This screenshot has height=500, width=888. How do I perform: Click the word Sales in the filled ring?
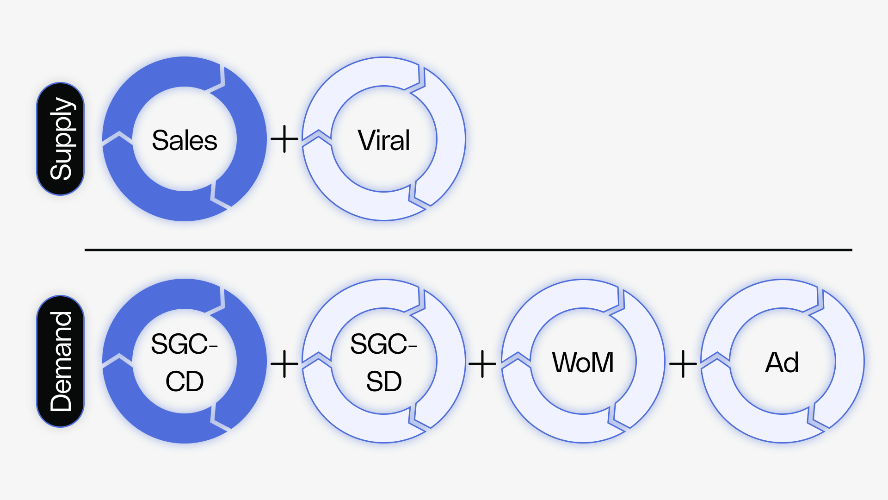[x=184, y=140]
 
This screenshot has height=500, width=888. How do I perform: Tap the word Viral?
[x=383, y=140]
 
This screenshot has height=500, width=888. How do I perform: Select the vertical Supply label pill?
[x=61, y=139]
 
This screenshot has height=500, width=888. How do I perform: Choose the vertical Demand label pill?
[x=61, y=361]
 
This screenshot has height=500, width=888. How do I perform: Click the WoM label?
[x=583, y=362]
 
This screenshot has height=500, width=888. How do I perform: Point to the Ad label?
[x=782, y=362]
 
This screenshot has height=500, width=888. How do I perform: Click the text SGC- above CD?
[x=184, y=344]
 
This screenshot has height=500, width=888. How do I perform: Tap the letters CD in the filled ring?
[x=184, y=381]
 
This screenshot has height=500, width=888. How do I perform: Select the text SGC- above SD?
[x=383, y=344]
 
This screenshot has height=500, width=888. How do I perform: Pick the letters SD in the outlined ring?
[x=383, y=381]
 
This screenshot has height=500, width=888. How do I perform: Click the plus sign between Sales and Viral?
[x=284, y=139]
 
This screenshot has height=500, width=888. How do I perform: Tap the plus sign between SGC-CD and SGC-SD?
[x=284, y=364]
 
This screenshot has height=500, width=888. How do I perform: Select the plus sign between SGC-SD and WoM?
[x=482, y=364]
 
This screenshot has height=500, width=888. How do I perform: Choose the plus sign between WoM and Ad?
[x=683, y=364]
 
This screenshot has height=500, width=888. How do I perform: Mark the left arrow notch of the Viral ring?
[x=317, y=139]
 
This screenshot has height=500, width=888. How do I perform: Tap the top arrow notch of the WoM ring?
[x=617, y=303]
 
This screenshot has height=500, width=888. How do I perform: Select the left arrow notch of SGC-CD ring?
[x=118, y=361]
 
